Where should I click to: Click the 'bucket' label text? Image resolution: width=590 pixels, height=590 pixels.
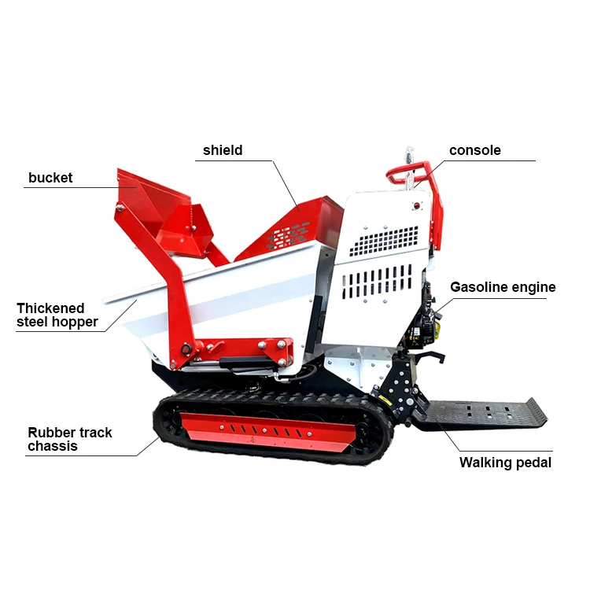[x=50, y=178]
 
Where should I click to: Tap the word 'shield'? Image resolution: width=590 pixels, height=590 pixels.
[x=223, y=150]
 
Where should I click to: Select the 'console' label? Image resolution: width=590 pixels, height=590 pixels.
[x=474, y=150]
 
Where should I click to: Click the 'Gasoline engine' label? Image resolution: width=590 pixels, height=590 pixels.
[x=503, y=287]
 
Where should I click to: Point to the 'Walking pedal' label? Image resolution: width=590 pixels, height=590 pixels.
[x=505, y=463]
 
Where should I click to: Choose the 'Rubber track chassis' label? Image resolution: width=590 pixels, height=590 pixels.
[x=70, y=439]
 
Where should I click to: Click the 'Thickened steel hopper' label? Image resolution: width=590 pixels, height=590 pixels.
[x=57, y=315]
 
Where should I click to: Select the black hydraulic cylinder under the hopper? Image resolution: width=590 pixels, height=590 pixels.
[x=248, y=363]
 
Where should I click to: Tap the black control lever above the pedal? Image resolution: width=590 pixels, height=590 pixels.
[x=428, y=359]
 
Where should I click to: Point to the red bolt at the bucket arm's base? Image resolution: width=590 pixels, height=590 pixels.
[x=186, y=349]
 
